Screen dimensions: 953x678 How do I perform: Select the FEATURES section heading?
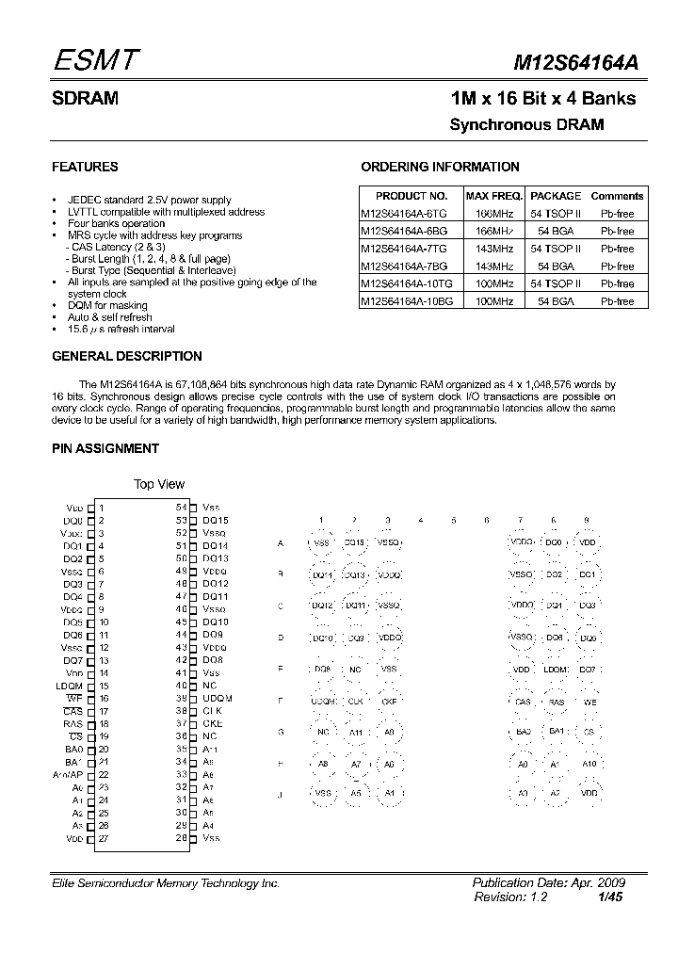[85, 167]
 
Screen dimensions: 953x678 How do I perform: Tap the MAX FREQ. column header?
[494, 196]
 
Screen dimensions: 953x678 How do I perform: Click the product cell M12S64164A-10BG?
[407, 300]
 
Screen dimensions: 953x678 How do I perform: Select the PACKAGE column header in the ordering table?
[556, 196]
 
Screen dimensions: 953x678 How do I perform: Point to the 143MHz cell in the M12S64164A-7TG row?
[494, 249]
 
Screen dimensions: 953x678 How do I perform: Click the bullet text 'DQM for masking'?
[107, 306]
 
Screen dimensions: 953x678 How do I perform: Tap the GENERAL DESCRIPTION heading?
[126, 357]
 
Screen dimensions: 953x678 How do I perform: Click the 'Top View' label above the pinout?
[159, 484]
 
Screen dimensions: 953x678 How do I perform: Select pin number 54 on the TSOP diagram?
[181, 507]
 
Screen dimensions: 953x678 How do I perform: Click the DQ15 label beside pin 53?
[216, 520]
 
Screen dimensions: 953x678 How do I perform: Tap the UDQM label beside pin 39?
[218, 698]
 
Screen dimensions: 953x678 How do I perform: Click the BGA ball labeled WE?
[589, 702]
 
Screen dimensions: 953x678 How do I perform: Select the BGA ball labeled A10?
[589, 764]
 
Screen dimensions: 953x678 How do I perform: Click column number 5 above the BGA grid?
[453, 520]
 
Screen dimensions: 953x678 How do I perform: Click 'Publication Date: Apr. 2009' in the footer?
[548, 883]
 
